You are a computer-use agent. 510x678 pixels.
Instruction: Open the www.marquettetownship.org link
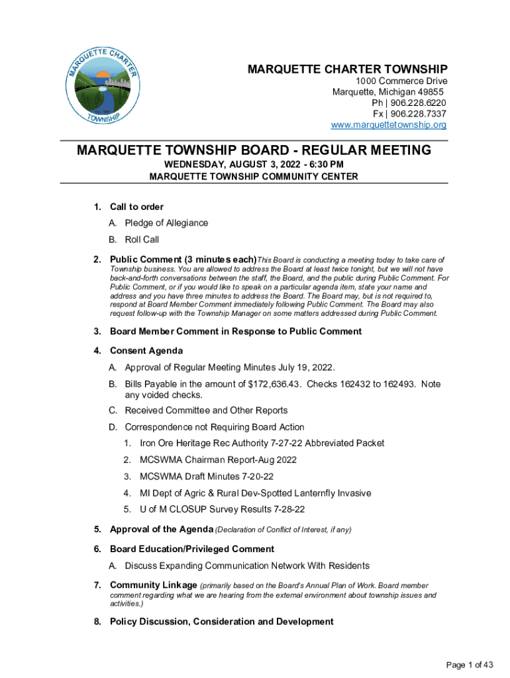tap(389, 125)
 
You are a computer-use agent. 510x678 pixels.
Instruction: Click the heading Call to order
tap(136, 207)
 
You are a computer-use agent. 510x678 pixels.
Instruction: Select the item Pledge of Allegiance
tap(166, 223)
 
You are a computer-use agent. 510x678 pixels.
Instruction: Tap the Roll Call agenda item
tap(142, 240)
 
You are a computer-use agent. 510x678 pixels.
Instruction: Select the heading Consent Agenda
tap(146, 350)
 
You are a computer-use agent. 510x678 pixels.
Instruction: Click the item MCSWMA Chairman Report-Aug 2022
tap(218, 460)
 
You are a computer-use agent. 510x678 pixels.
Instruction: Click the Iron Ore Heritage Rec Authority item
tap(262, 443)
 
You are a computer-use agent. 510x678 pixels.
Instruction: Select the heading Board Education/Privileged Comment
tap(191, 549)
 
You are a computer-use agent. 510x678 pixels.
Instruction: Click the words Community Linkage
tap(153, 585)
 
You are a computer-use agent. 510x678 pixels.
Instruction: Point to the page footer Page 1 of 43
tap(470, 665)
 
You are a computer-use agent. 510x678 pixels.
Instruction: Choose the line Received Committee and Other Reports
tap(206, 411)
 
